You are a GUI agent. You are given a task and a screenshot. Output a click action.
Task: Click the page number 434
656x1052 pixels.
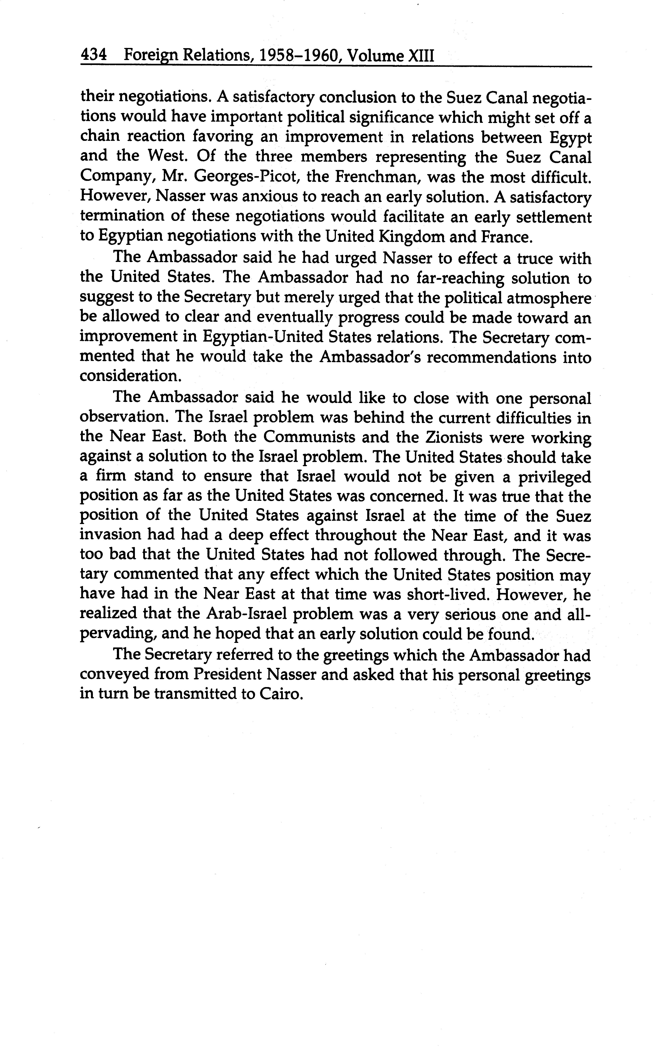click(x=93, y=55)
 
